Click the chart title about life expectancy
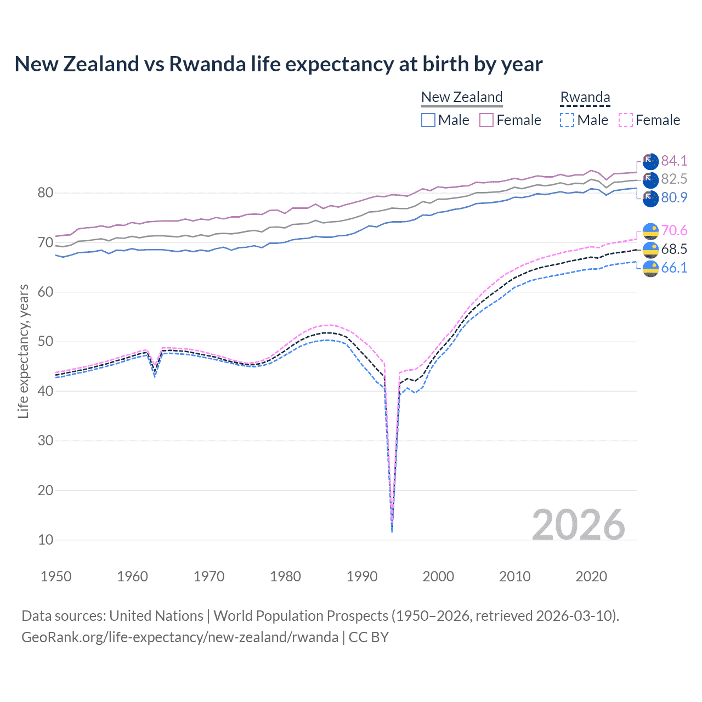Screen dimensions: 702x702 click(x=279, y=64)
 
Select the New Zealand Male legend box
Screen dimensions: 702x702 click(x=428, y=120)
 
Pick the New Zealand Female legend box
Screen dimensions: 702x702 click(x=486, y=120)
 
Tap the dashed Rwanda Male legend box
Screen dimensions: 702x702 click(x=567, y=120)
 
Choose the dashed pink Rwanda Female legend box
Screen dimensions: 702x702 click(x=626, y=120)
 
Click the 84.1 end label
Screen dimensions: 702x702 click(x=674, y=161)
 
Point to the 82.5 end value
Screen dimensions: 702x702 click(x=674, y=179)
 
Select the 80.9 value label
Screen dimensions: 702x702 click(x=674, y=197)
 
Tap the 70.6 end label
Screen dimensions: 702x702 click(x=674, y=230)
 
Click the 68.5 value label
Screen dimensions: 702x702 click(x=674, y=249)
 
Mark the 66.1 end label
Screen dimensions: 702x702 click(x=674, y=268)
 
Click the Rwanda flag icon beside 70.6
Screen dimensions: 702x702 click(x=650, y=231)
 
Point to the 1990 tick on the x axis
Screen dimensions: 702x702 click(x=362, y=576)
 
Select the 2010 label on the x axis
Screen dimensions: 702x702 click(x=514, y=576)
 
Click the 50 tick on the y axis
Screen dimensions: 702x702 click(x=46, y=342)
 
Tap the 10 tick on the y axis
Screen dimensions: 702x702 click(x=46, y=540)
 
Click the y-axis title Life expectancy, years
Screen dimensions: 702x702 click(x=23, y=351)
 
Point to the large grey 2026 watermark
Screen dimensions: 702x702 click(x=579, y=525)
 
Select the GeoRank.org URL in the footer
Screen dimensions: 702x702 click(x=180, y=637)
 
